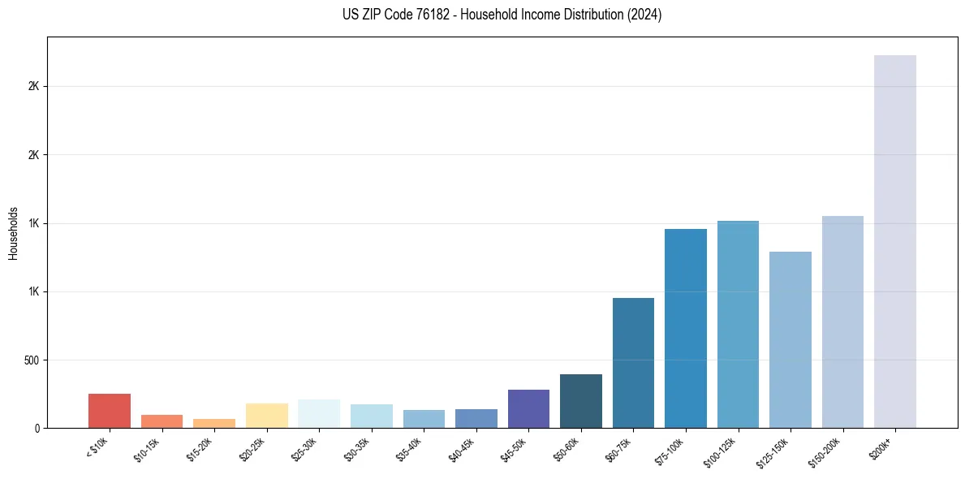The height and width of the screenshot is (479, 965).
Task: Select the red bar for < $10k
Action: pyautogui.click(x=109, y=411)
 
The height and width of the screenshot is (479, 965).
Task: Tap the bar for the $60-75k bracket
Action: pyautogui.click(x=633, y=363)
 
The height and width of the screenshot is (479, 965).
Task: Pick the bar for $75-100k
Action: pyautogui.click(x=685, y=328)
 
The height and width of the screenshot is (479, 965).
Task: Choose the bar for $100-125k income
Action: pyautogui.click(x=738, y=324)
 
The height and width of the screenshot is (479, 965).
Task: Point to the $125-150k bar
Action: pyautogui.click(x=790, y=339)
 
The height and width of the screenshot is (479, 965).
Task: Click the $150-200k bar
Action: pyautogui.click(x=842, y=321)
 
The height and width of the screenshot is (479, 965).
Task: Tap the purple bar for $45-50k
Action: pyautogui.click(x=528, y=408)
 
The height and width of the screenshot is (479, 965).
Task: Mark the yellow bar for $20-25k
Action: pyautogui.click(x=266, y=416)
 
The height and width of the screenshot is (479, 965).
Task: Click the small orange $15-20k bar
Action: pyautogui.click(x=214, y=423)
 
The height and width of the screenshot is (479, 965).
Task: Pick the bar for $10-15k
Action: pyautogui.click(x=162, y=421)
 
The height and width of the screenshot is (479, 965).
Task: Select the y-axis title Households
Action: pyautogui.click(x=13, y=232)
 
